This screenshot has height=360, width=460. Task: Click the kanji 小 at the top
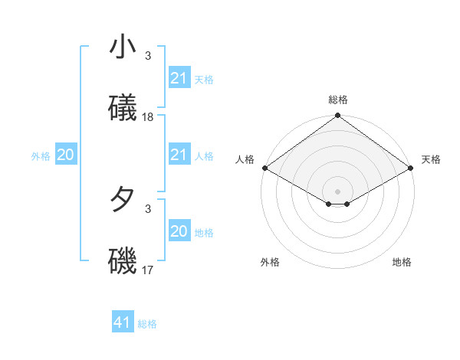click(x=123, y=47)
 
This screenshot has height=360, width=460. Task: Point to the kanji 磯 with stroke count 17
click(x=123, y=261)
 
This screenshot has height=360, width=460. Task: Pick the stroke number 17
click(x=148, y=270)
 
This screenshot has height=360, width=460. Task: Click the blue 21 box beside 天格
click(x=179, y=78)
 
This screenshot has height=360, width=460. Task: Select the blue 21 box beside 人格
click(x=179, y=155)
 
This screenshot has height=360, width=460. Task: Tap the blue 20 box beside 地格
click(x=179, y=231)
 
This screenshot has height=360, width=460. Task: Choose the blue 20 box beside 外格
click(x=65, y=155)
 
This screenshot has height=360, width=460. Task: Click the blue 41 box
click(x=123, y=322)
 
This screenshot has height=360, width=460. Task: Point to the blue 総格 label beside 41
click(x=147, y=324)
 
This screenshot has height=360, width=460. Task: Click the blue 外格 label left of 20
click(x=41, y=156)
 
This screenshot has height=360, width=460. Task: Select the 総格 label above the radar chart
click(x=338, y=100)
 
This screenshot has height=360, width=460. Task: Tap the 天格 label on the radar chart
click(x=431, y=159)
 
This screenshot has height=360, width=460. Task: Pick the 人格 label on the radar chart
click(x=245, y=159)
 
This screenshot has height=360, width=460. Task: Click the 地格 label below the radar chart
click(x=402, y=262)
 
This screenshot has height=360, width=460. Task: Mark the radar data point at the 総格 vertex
click(x=338, y=116)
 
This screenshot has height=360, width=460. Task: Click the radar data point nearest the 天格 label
click(x=412, y=168)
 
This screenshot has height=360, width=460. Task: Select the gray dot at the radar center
click(x=338, y=191)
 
